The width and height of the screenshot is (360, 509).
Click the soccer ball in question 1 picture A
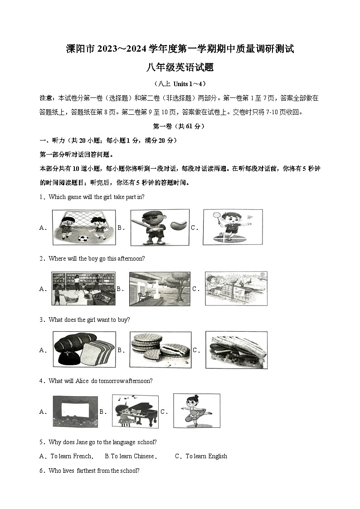coord(83,238)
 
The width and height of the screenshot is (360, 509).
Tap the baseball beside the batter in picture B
coord(178,225)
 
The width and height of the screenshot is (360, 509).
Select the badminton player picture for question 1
coord(232,227)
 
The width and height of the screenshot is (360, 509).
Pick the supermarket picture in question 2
coord(83,289)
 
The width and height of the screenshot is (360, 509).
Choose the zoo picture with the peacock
coord(236,288)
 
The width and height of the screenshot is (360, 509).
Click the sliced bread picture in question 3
coord(84,349)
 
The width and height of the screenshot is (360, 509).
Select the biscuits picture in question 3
coord(160,349)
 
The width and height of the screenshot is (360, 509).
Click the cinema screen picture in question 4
coord(75,412)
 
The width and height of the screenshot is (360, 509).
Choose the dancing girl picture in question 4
coord(196,411)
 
